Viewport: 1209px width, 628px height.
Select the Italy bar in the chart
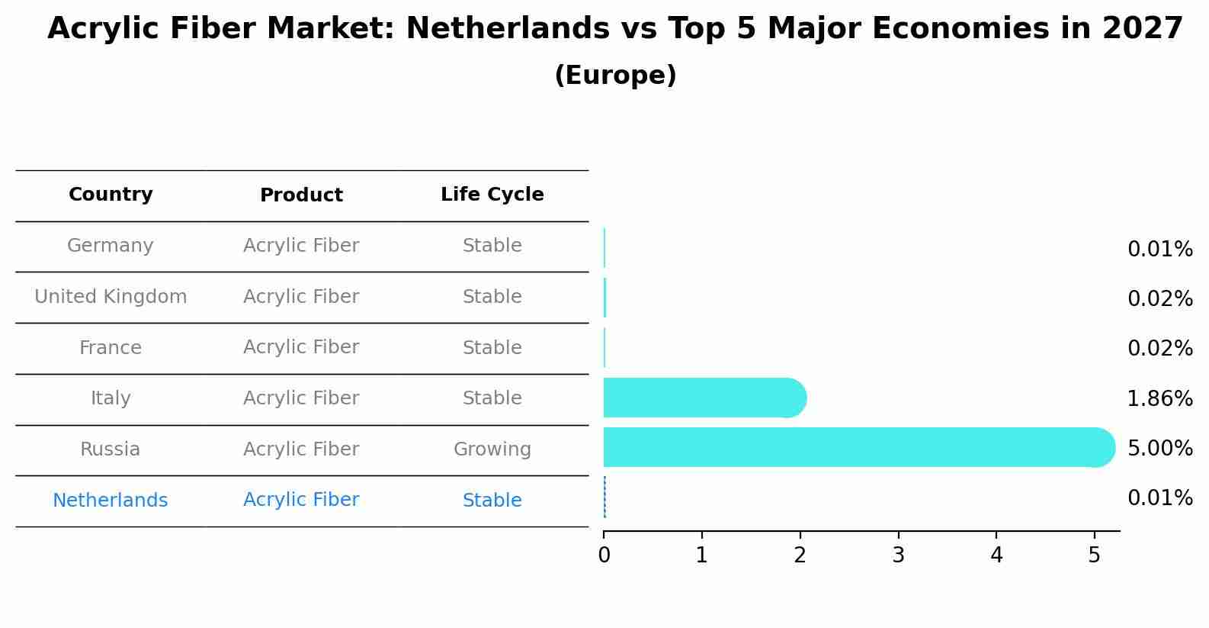point(701,398)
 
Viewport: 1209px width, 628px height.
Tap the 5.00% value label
point(1159,448)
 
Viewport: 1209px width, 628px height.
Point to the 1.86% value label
point(1159,398)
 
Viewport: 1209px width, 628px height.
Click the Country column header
point(111,195)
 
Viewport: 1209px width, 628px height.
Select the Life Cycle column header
point(492,195)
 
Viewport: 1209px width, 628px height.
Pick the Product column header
point(301,195)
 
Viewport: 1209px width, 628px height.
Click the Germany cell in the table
point(111,246)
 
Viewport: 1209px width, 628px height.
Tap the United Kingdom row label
point(111,297)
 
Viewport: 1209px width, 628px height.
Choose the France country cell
point(111,348)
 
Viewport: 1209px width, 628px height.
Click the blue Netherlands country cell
point(111,501)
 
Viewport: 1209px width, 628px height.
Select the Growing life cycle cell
point(492,449)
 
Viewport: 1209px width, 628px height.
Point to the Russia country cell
point(111,449)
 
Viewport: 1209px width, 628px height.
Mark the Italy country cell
point(111,398)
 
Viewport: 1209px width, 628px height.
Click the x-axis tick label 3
point(898,556)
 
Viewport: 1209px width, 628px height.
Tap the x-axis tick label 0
point(604,556)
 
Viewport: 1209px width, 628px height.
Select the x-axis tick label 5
point(1094,556)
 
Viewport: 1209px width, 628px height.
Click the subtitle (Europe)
point(615,76)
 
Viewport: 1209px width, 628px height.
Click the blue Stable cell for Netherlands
point(492,501)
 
